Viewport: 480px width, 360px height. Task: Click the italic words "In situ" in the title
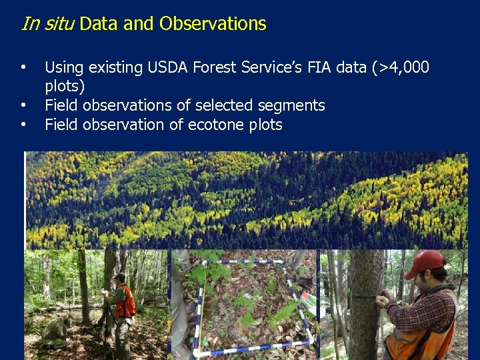(47, 24)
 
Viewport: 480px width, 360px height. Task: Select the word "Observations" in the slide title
(213, 24)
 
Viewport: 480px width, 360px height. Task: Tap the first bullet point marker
(23, 67)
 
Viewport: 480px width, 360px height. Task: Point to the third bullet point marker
(23, 125)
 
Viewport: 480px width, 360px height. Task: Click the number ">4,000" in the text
(403, 67)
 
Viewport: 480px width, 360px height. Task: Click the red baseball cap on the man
(425, 262)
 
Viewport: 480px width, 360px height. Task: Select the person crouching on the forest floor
(57, 329)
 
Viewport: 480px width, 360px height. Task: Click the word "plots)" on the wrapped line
(65, 87)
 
